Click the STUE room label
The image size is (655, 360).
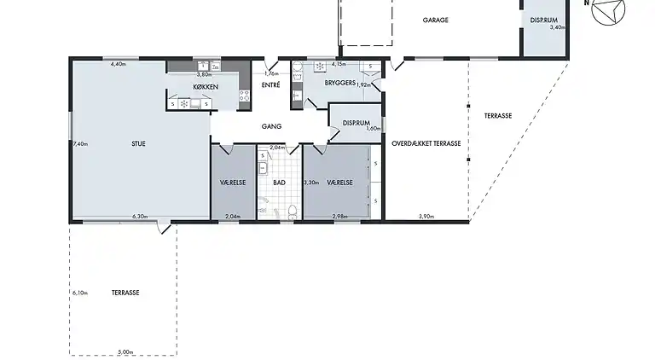138,143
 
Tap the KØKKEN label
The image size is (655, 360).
206,87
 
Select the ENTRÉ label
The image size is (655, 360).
270,84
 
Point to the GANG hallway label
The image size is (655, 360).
271,126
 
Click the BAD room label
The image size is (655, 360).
279,183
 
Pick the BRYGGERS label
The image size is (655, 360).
340,83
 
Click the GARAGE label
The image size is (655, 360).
435,20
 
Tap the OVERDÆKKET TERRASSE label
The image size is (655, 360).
426,143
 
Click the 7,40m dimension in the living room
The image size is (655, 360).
80,144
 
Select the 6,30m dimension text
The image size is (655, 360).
140,217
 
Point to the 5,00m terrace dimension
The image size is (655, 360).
125,352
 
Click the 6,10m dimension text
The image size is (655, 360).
80,293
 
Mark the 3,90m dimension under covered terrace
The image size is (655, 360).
426,217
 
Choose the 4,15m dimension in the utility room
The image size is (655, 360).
339,64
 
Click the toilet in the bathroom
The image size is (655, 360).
293,212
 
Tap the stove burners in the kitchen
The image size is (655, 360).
244,96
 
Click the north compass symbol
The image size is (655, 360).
608,9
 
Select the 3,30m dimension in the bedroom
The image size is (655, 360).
311,183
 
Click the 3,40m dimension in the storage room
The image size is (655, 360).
557,27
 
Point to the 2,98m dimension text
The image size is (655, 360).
339,217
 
